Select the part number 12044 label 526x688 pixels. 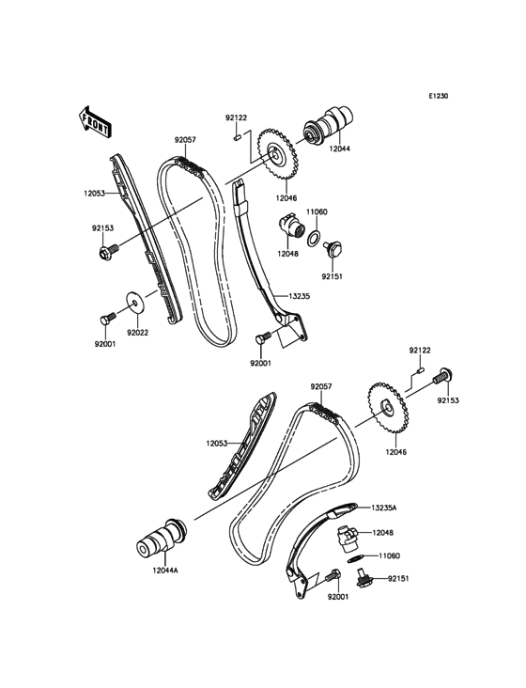(x=340, y=149)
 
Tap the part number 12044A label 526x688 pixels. (x=165, y=571)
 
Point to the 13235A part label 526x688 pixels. (x=383, y=508)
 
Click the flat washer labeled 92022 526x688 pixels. (x=135, y=303)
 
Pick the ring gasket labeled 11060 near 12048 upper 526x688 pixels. (x=313, y=238)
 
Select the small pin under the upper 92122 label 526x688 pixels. (x=236, y=138)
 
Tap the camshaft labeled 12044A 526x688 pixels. (x=162, y=538)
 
